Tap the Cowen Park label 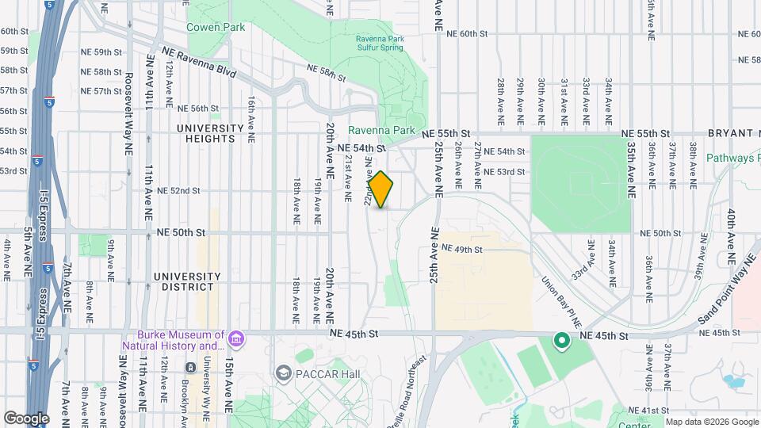click(x=215, y=27)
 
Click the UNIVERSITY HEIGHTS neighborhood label click(x=210, y=133)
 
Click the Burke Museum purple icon click(x=235, y=339)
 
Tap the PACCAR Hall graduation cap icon click(x=283, y=373)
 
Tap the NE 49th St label click(x=462, y=249)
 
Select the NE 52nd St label click(x=178, y=191)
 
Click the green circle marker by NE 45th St click(x=562, y=342)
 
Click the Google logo click(x=26, y=418)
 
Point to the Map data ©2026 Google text click(x=711, y=422)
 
